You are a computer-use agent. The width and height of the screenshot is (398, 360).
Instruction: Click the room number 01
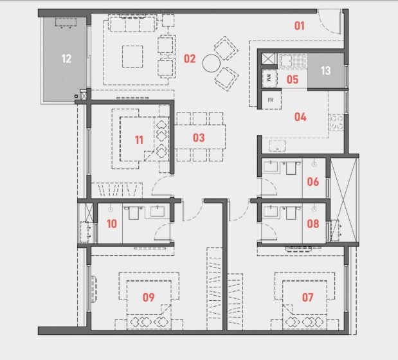tap(299, 26)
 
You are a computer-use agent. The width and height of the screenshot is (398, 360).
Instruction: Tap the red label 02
tap(189, 59)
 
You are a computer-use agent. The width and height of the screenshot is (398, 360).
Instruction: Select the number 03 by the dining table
tap(198, 138)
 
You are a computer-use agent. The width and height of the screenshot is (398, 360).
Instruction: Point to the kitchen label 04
tap(300, 117)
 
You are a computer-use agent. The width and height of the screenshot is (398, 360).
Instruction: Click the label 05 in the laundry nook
tap(293, 80)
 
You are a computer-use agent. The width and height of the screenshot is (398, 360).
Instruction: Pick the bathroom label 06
tap(312, 181)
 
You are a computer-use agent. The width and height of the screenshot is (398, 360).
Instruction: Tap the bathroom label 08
tap(312, 224)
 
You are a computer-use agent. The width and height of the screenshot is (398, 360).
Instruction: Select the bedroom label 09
tap(149, 297)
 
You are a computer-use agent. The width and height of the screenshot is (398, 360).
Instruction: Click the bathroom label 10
tap(112, 224)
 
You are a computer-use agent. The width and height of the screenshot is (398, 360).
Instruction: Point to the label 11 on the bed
tap(139, 139)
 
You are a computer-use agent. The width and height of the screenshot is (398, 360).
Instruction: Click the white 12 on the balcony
tap(66, 59)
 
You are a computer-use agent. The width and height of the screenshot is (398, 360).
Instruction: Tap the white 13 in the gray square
tap(325, 71)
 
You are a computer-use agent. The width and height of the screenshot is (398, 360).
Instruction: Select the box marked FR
tap(270, 100)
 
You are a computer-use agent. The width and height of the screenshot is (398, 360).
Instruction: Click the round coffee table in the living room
tap(212, 63)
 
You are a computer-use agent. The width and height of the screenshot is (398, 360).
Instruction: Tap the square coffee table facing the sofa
tap(134, 55)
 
